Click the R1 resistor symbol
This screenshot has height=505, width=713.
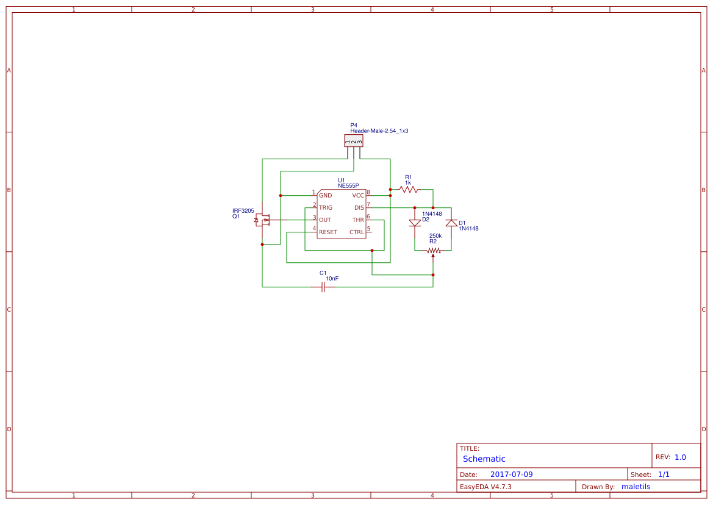(x=408, y=190)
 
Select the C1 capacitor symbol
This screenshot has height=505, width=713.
(x=323, y=287)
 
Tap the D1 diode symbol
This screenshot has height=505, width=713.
(x=451, y=223)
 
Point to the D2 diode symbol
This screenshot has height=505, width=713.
(x=415, y=223)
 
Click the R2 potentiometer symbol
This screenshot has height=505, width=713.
(x=433, y=250)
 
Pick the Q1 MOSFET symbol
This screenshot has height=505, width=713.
(x=262, y=220)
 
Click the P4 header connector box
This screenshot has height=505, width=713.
(x=354, y=141)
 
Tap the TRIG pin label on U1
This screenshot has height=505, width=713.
(x=326, y=208)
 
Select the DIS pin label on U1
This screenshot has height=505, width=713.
(x=359, y=208)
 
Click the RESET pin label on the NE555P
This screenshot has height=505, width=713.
(x=328, y=232)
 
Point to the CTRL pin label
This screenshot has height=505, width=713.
(x=357, y=232)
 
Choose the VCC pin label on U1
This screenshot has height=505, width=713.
(x=358, y=196)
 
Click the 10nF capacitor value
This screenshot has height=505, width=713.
(x=332, y=279)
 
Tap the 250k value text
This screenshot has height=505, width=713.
(x=435, y=235)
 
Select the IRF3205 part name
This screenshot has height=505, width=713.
(x=243, y=210)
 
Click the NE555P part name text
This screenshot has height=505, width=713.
(x=348, y=185)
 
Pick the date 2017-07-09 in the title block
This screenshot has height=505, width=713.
(x=511, y=475)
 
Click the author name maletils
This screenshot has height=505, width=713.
(x=636, y=487)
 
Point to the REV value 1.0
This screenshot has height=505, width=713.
(x=680, y=457)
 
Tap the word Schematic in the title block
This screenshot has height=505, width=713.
(x=484, y=459)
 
